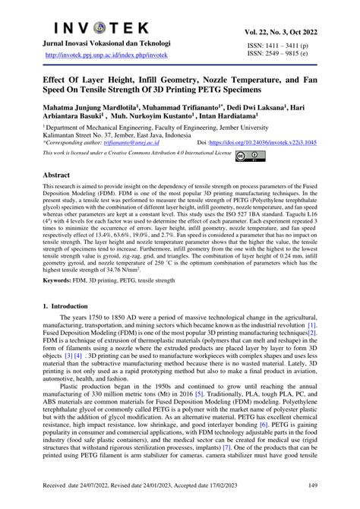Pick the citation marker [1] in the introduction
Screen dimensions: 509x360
(x=311, y=324)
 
